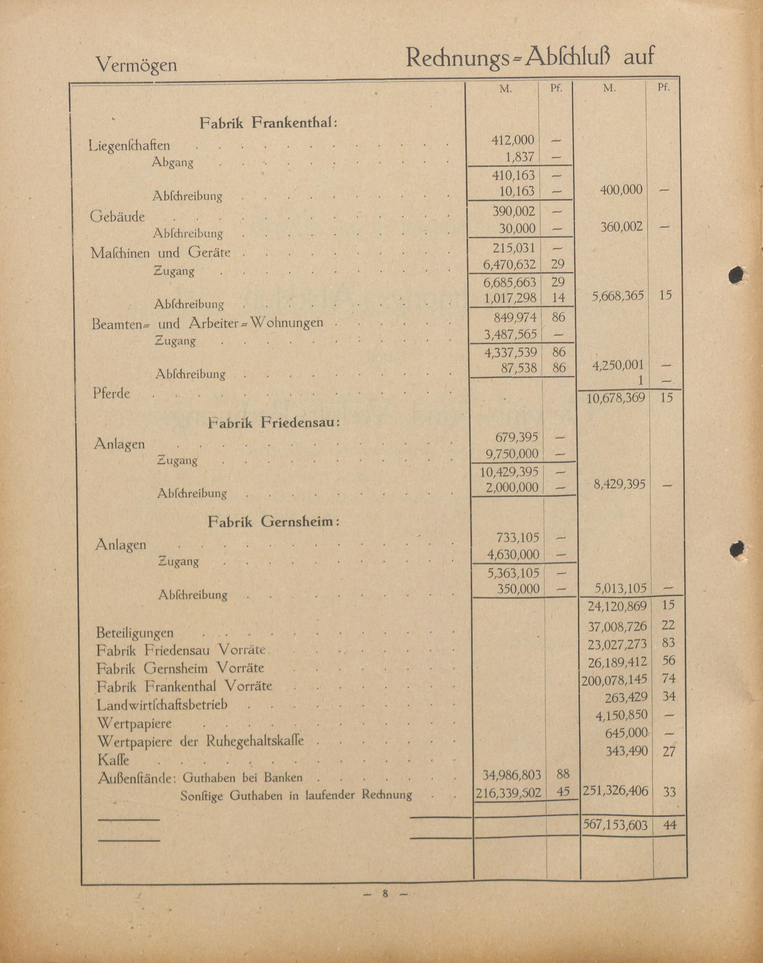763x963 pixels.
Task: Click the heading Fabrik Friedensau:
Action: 274,423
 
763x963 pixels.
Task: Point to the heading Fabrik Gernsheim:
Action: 273,522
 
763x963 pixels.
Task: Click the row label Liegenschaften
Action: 130,146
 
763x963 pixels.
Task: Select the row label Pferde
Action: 111,394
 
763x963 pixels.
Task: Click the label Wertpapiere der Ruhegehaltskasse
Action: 201,741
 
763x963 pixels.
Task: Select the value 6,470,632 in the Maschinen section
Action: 510,264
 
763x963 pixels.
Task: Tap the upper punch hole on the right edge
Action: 737,276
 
